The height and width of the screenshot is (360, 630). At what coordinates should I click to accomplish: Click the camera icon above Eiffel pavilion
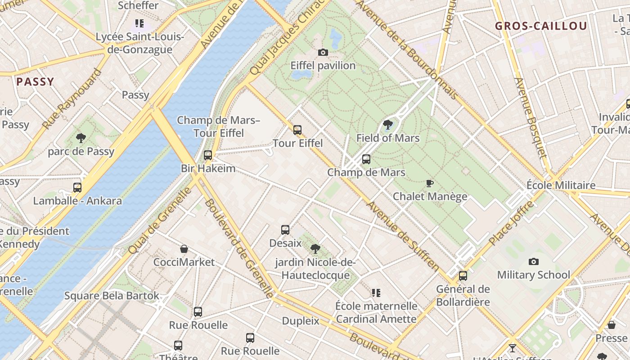pyautogui.click(x=323, y=53)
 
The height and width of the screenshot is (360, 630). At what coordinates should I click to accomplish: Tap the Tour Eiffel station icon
pyautogui.click(x=297, y=130)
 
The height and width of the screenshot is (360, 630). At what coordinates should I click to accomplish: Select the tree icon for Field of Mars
pyautogui.click(x=387, y=125)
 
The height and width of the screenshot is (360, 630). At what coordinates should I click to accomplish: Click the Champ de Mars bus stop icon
pyautogui.click(x=366, y=159)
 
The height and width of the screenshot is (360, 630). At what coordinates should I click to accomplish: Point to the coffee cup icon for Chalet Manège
pyautogui.click(x=429, y=183)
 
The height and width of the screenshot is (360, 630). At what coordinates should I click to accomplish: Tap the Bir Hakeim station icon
pyautogui.click(x=207, y=155)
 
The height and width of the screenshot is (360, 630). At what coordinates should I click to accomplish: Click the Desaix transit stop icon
pyautogui.click(x=285, y=230)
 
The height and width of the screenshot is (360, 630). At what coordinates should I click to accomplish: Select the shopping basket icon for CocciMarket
pyautogui.click(x=184, y=249)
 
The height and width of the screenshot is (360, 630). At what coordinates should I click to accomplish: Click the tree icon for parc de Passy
pyautogui.click(x=81, y=138)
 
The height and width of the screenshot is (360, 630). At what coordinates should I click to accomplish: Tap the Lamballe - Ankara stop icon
pyautogui.click(x=77, y=187)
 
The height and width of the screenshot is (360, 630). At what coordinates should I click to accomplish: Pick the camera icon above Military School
pyautogui.click(x=533, y=261)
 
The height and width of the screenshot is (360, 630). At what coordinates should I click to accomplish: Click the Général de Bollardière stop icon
pyautogui.click(x=463, y=276)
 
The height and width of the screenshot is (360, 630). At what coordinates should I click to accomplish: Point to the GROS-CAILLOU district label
pyautogui.click(x=541, y=26)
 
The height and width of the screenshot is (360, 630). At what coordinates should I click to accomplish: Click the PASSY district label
pyautogui.click(x=35, y=82)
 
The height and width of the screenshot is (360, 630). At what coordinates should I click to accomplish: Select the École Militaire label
pyautogui.click(x=561, y=185)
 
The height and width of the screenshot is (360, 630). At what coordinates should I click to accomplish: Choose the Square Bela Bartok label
pyautogui.click(x=112, y=296)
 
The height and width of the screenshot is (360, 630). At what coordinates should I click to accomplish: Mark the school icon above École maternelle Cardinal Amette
pyautogui.click(x=376, y=293)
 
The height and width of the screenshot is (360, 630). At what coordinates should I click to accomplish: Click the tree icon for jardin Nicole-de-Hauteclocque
pyautogui.click(x=315, y=248)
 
